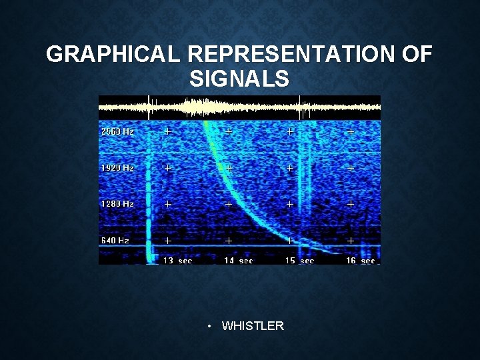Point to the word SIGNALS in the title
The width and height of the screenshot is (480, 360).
pos(239,79)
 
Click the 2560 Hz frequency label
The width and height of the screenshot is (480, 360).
pos(117,132)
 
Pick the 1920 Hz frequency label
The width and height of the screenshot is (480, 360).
pos(117,168)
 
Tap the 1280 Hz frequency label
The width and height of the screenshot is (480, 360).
pos(117,204)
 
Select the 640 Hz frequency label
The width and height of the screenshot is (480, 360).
pos(115,240)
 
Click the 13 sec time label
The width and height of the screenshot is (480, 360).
pos(177,261)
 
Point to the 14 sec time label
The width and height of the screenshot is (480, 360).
pos(238,261)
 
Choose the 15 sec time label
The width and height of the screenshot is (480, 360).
pos(299,261)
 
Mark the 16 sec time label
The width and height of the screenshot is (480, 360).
pos(360,261)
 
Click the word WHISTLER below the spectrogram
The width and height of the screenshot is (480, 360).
pos(253,326)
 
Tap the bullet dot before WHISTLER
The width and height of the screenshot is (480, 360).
pos(209,327)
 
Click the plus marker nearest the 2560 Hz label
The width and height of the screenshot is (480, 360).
pos(168,132)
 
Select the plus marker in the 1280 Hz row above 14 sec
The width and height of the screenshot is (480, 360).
pos(229,204)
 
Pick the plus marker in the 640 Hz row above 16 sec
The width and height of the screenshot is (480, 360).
pos(351,240)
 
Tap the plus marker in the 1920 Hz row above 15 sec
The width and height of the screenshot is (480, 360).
pos(290,168)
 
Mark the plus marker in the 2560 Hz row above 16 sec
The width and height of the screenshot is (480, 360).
pos(351,132)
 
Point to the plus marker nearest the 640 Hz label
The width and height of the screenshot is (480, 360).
pos(168,240)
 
